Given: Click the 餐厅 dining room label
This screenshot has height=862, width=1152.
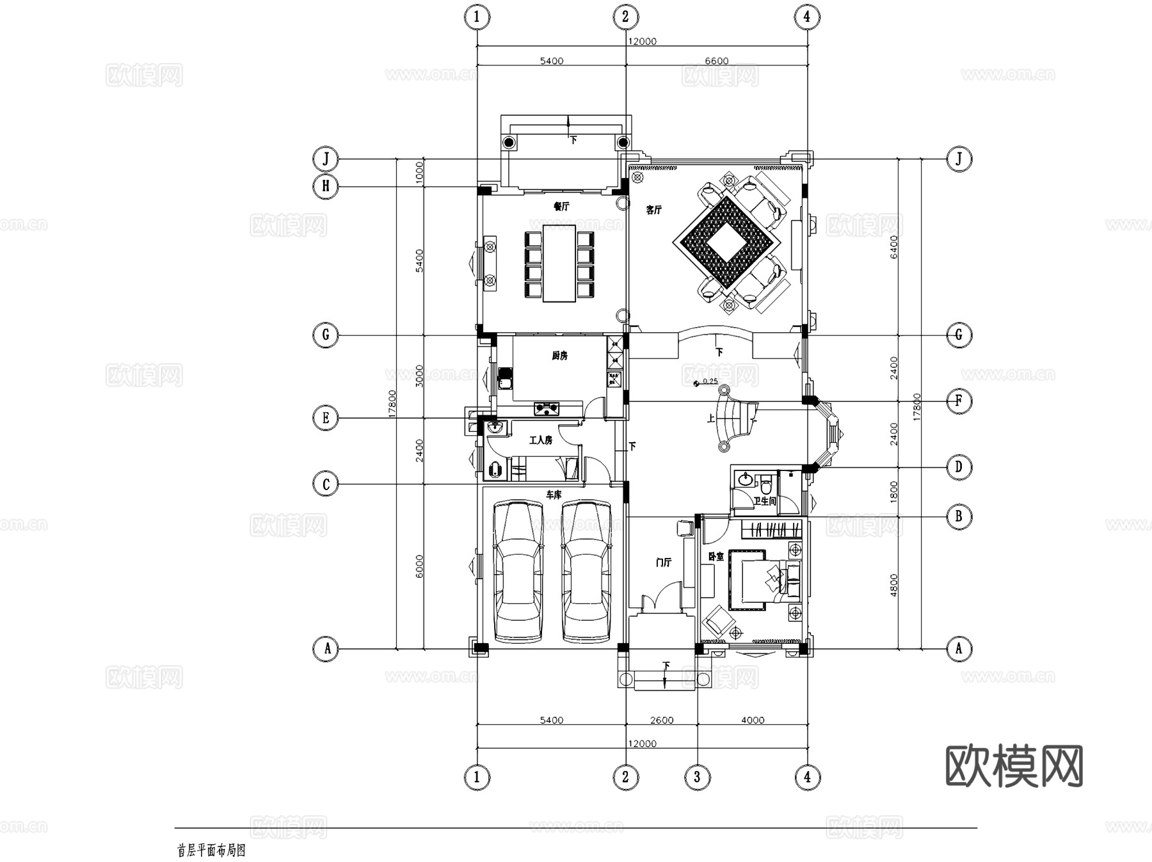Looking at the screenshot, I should (561, 207).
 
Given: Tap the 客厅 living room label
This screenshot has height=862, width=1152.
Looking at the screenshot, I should (653, 210).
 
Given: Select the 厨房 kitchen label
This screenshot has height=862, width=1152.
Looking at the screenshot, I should (560, 356).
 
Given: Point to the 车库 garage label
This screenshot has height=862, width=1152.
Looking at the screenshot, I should (554, 495).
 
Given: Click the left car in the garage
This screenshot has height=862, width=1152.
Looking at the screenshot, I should (518, 571).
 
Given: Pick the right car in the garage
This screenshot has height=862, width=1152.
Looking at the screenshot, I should (586, 571).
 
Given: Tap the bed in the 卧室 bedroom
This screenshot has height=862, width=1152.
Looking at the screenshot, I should (758, 579).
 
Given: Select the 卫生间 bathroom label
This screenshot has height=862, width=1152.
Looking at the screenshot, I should (764, 501).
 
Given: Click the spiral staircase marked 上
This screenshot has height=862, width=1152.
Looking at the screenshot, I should (736, 422).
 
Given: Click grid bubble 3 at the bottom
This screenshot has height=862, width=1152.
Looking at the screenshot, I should (697, 778).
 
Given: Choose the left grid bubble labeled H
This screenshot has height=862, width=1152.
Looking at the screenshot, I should (326, 186).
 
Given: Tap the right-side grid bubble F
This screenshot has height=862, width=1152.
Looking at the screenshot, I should (958, 401).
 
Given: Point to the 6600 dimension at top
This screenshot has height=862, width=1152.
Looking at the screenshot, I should (716, 61).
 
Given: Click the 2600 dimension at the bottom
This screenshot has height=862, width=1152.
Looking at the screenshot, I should (662, 720).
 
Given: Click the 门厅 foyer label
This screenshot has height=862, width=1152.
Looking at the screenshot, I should (664, 563).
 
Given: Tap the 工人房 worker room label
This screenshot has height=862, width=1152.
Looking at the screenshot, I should (540, 440).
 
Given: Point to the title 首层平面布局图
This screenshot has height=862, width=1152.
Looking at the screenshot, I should (211, 850).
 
